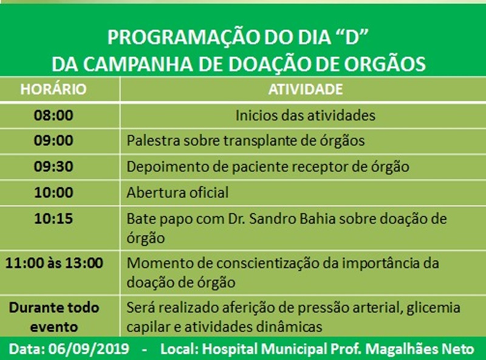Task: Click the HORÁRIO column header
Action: coord(53,89)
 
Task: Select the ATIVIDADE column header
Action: coord(306,89)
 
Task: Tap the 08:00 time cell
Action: coord(53,115)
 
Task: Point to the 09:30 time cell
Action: coord(53,166)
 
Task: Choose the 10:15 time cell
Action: coord(53,219)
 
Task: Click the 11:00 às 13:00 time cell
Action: coord(54,263)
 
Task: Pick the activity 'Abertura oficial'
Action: coord(177,192)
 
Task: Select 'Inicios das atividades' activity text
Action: coord(306,115)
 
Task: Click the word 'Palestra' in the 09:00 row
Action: coord(154,141)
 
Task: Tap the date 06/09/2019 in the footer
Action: coord(89,349)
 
